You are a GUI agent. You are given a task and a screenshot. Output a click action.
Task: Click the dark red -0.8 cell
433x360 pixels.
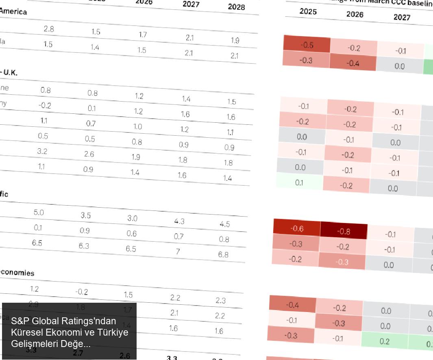344,232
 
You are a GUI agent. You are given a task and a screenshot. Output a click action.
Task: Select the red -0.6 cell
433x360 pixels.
297,229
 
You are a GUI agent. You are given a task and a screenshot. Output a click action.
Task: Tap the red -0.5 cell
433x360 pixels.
307,45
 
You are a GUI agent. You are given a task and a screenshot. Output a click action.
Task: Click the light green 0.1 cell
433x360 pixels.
299,183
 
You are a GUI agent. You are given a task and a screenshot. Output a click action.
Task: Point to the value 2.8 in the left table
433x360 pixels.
49,29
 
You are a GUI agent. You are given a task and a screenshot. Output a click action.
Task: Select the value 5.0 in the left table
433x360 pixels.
39,213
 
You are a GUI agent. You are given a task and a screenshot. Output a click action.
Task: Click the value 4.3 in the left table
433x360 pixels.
179,221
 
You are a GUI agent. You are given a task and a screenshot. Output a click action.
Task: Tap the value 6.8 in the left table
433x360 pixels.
223,254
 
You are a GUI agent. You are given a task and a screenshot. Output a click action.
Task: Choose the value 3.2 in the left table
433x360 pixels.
42,151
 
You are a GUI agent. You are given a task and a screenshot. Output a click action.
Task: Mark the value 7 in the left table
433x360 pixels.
178,252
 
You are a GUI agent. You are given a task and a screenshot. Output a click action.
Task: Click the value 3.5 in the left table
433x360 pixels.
85,215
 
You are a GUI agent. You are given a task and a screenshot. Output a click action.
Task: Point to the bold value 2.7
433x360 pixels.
78,353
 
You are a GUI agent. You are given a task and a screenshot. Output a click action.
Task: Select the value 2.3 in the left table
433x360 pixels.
220,301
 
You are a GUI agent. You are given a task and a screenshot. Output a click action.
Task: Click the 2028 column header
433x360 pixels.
237,7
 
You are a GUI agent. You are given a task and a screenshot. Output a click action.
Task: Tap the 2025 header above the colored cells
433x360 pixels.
308,11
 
